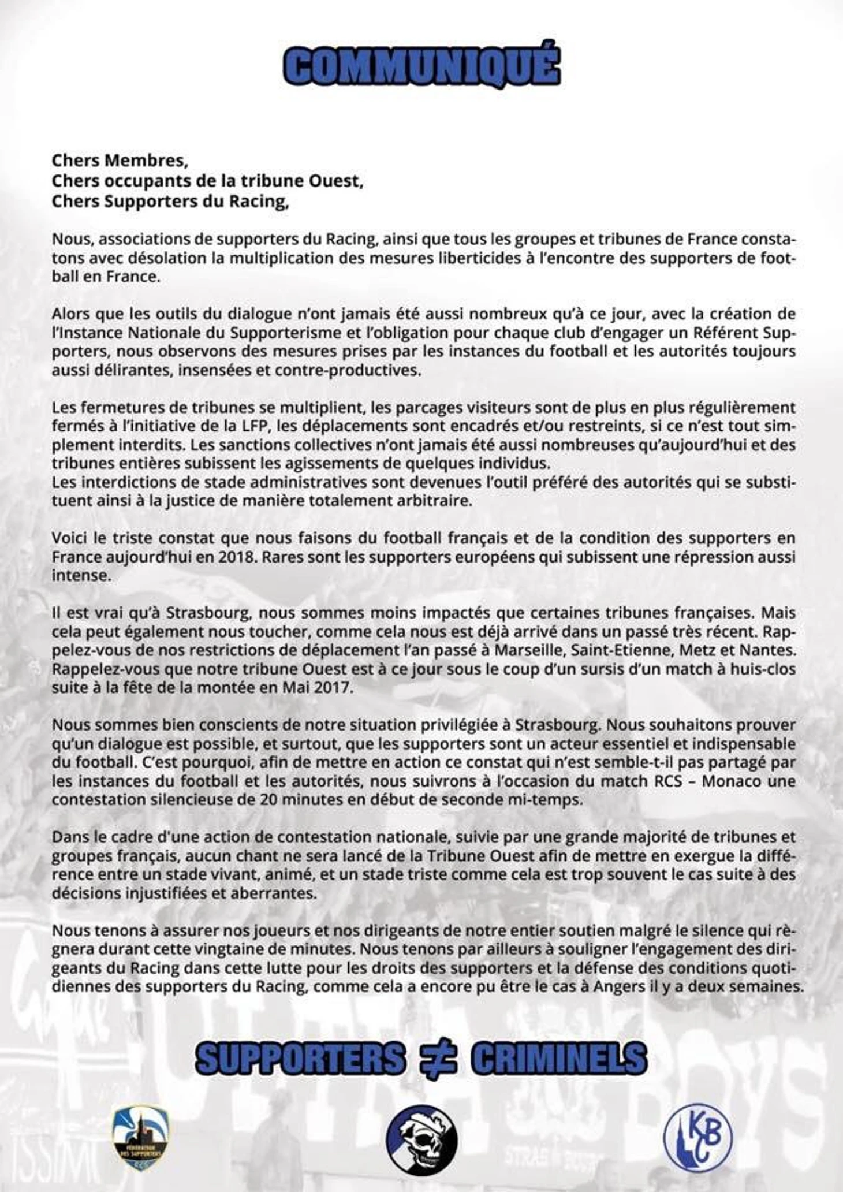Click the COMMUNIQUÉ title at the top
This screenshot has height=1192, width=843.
[422, 66]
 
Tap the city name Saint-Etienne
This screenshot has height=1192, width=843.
[622, 650]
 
